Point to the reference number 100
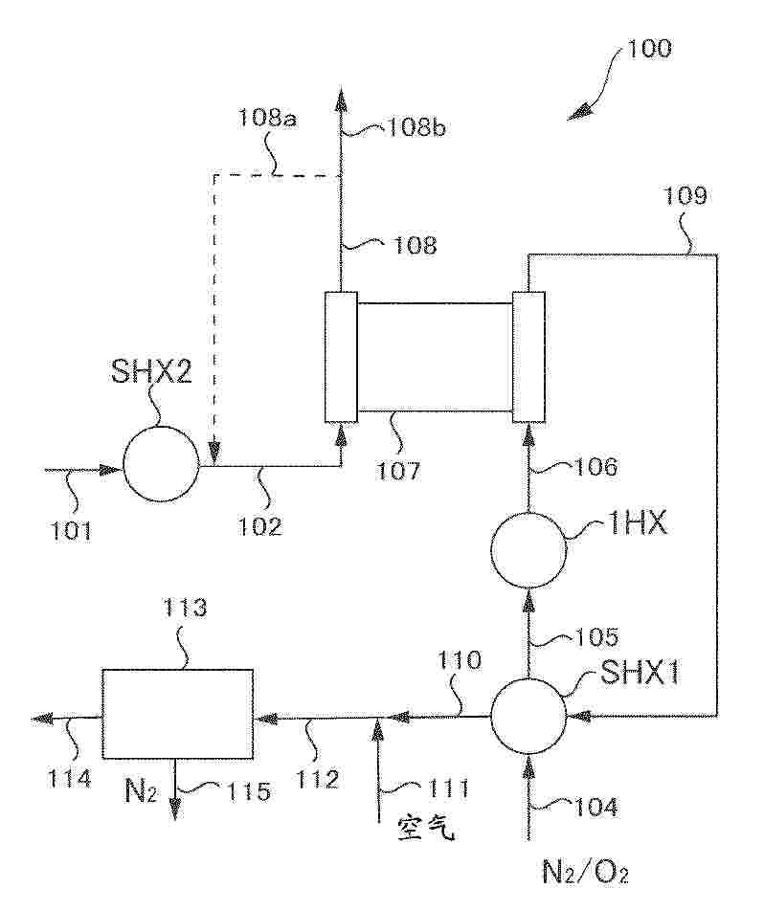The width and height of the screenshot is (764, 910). (x=649, y=48)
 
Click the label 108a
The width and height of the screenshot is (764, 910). (x=267, y=118)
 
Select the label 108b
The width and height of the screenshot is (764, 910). (x=416, y=127)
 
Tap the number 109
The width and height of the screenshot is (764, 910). (x=685, y=195)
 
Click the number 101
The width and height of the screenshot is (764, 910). (x=70, y=530)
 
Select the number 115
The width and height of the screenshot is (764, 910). (x=249, y=791)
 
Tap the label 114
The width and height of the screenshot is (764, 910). (x=70, y=778)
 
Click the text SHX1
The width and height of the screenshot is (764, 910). (x=639, y=674)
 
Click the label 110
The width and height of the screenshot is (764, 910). (x=459, y=660)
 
